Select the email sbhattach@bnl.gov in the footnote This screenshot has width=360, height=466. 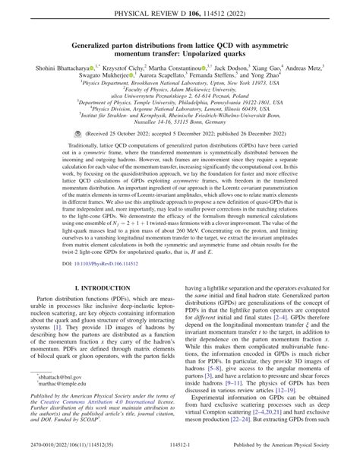(x=58, y=398)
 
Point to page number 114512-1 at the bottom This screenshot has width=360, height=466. (x=179, y=458)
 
